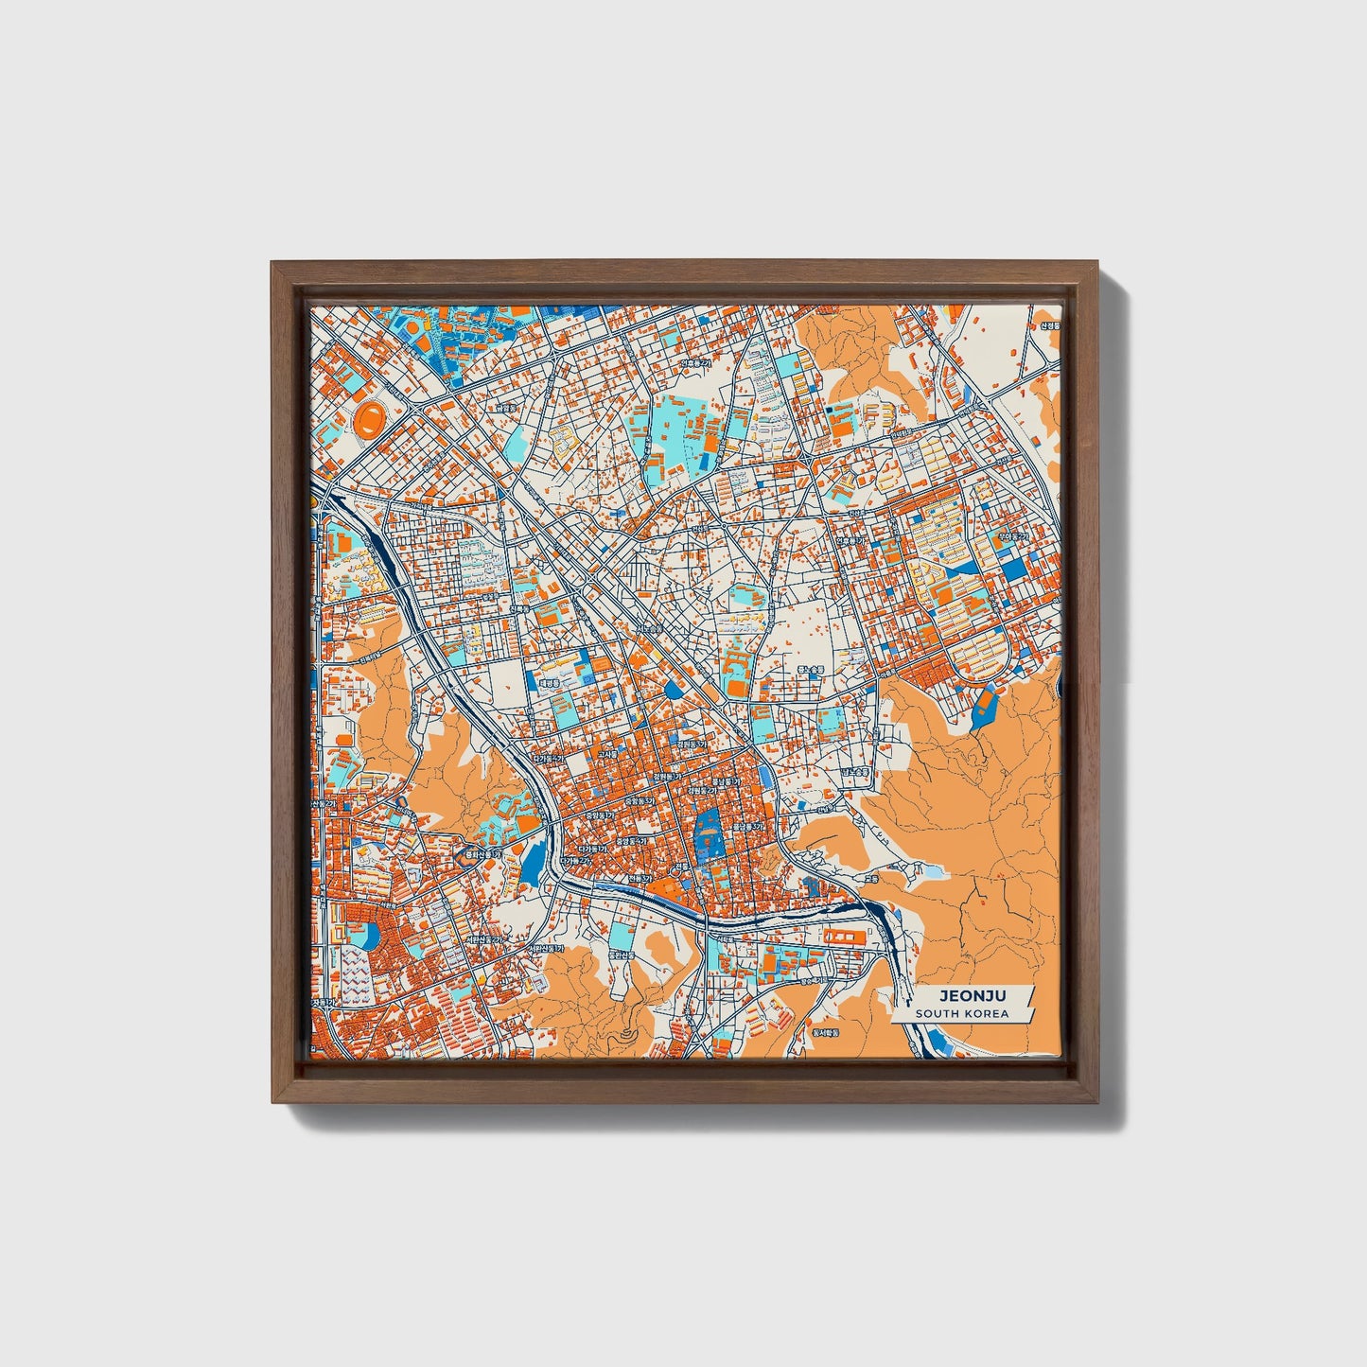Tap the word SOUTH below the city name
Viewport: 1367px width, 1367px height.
936,1014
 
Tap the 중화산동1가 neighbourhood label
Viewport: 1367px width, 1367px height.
480,854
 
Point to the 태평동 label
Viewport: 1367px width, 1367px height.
551,683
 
